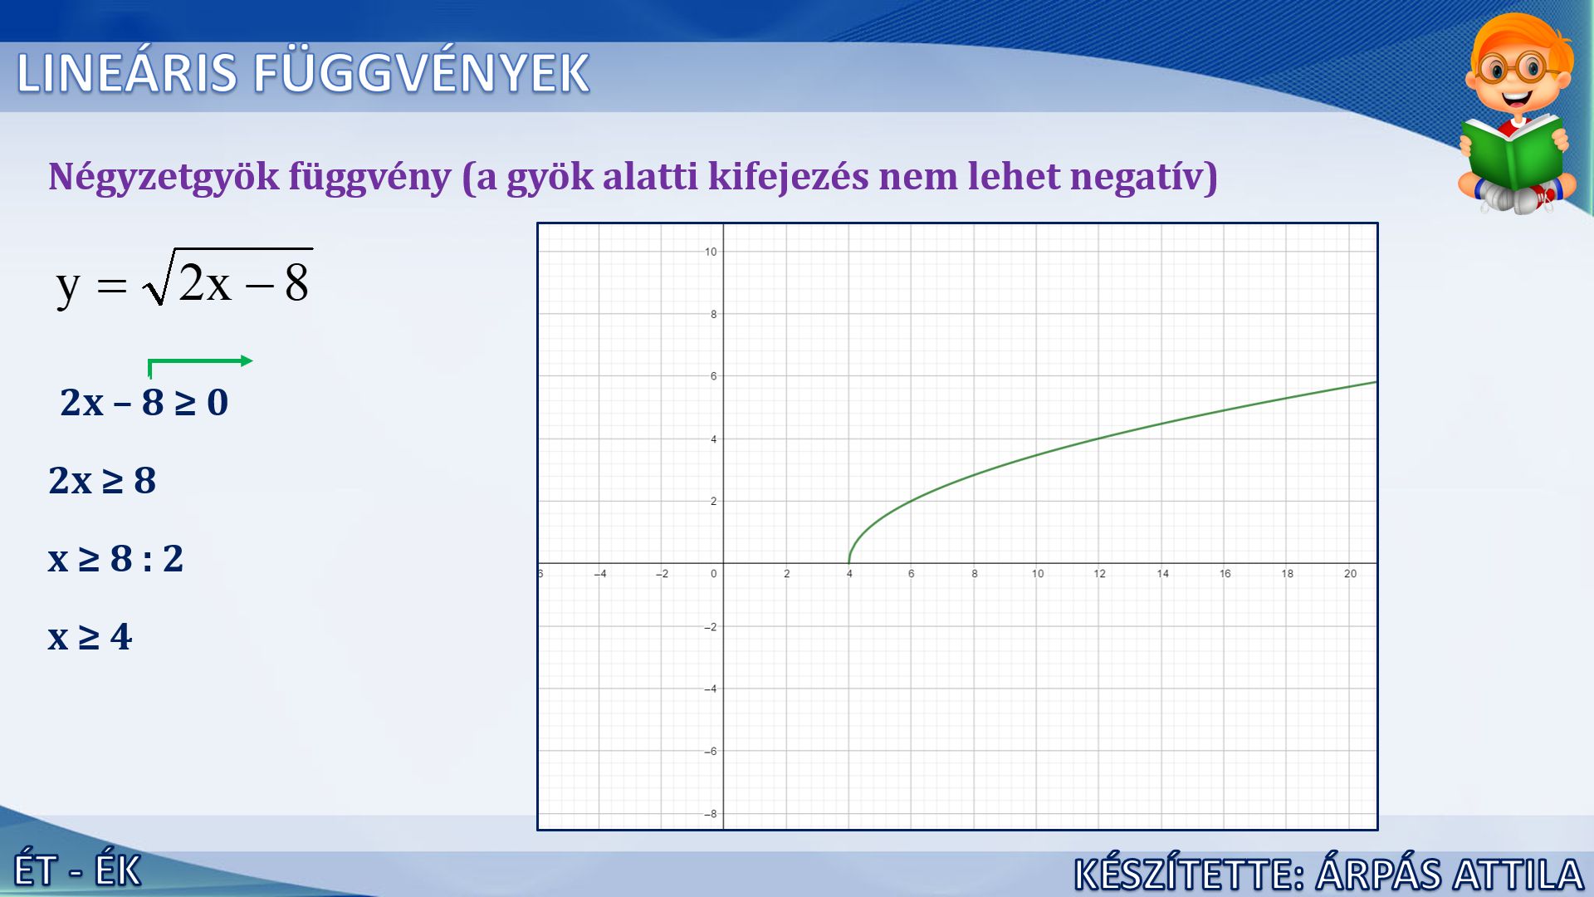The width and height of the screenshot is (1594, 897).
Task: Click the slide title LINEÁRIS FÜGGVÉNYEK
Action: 303,73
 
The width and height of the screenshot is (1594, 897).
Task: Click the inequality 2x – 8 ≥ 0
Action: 144,402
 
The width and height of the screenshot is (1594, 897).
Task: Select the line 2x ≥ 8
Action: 102,480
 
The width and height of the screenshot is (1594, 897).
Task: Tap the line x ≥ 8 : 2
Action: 115,558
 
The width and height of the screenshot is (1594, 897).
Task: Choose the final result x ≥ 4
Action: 90,637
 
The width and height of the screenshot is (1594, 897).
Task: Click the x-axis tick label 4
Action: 849,574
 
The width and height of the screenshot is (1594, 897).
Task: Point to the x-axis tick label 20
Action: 1351,574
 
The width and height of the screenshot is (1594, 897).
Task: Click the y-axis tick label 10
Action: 711,252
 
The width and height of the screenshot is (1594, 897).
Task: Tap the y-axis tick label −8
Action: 710,814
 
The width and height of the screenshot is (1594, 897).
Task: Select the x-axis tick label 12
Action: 1100,574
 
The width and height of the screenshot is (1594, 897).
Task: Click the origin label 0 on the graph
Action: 713,574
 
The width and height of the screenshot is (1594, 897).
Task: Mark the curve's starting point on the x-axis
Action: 849,563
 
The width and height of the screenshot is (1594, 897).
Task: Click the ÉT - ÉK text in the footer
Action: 78,871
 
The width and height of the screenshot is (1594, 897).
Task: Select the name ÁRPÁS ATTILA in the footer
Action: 1450,874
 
